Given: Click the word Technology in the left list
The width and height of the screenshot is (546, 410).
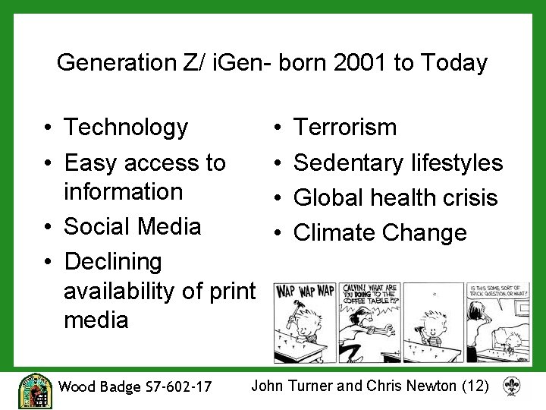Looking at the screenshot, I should tap(126, 128).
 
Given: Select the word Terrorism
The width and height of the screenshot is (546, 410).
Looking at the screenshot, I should tap(345, 128).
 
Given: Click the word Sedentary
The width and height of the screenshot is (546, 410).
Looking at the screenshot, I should tap(349, 162).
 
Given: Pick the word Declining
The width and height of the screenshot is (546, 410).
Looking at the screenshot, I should tap(114, 262).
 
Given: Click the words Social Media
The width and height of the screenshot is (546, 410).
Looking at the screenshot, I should tap(133, 226).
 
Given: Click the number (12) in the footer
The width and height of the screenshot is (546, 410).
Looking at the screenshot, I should tap(475, 386).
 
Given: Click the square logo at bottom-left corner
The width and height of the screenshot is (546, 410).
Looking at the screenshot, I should tap(35, 390).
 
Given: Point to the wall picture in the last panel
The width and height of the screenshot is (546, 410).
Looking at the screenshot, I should tap(477, 311).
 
